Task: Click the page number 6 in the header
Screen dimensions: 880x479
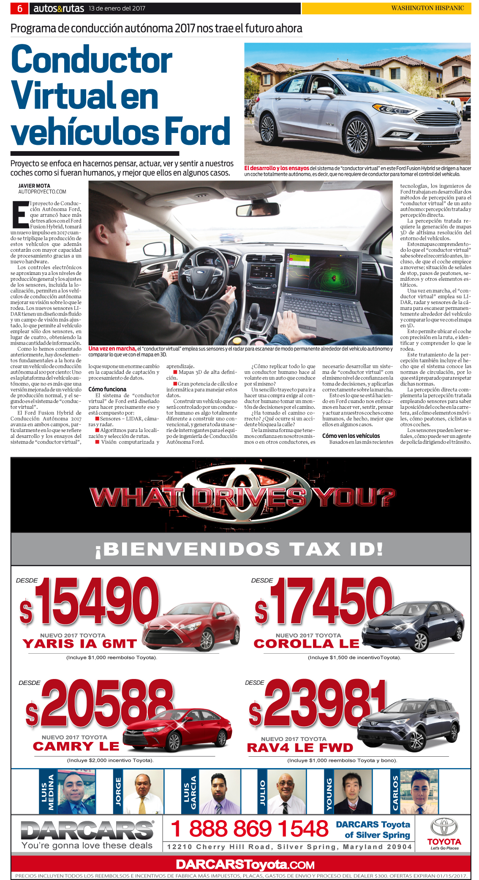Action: pyautogui.click(x=19, y=8)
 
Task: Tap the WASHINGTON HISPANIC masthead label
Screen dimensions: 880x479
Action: pyautogui.click(x=427, y=8)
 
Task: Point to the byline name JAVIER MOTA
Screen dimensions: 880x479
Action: pyautogui.click(x=34, y=186)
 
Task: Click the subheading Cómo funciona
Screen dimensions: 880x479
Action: pyautogui.click(x=107, y=389)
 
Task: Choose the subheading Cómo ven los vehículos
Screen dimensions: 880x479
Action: pyautogui.click(x=351, y=436)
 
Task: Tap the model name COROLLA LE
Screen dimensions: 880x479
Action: pyautogui.click(x=306, y=644)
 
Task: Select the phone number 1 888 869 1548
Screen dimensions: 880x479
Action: pyautogui.click(x=250, y=828)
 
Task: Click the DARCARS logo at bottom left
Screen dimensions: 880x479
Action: pyautogui.click(x=87, y=830)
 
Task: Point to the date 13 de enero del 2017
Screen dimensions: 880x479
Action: pyautogui.click(x=117, y=8)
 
